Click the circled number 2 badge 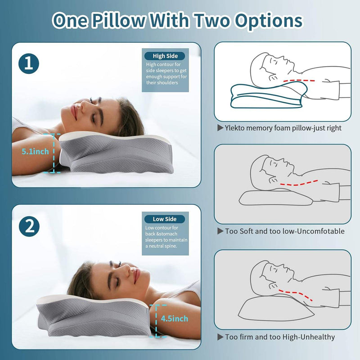coord(29,226)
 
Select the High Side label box coord(165,56)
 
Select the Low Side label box coord(165,219)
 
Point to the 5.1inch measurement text coord(36,152)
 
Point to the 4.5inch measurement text coord(174,319)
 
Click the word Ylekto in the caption coord(237,128)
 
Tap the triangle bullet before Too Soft coord(220,231)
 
